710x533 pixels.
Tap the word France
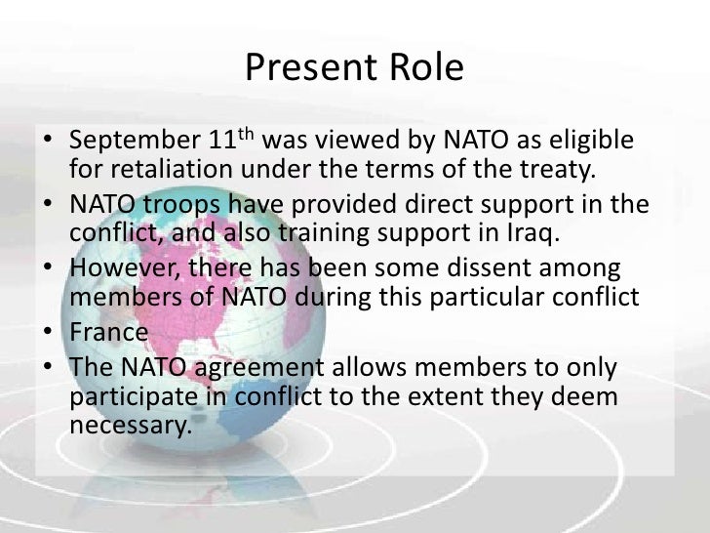click(109, 332)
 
